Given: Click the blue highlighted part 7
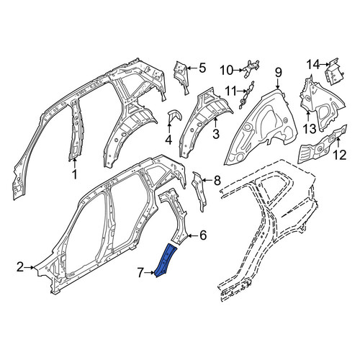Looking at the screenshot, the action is tap(166, 260).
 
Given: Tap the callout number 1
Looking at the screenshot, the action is tap(75, 174).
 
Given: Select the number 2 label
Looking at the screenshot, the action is tap(20, 267).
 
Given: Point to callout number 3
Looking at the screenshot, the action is tap(216, 134).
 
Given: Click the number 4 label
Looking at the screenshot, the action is tap(169, 140).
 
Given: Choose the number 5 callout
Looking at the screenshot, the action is tap(202, 68).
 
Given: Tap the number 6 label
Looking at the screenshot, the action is tap(203, 235).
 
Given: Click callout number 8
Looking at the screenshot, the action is tap(217, 180).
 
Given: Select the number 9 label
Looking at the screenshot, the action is tap(278, 73).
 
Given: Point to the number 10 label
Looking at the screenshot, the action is tap(227, 71).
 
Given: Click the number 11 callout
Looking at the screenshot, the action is tap(230, 91).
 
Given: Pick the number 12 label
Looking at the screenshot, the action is tap(339, 155).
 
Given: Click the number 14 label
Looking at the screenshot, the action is tap(314, 64).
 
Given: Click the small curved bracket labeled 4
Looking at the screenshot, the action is tap(174, 116).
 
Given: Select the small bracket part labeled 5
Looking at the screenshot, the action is tap(181, 77).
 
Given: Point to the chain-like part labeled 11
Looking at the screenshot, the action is tap(246, 95).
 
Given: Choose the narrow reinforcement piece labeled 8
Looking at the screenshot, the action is tap(199, 192).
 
